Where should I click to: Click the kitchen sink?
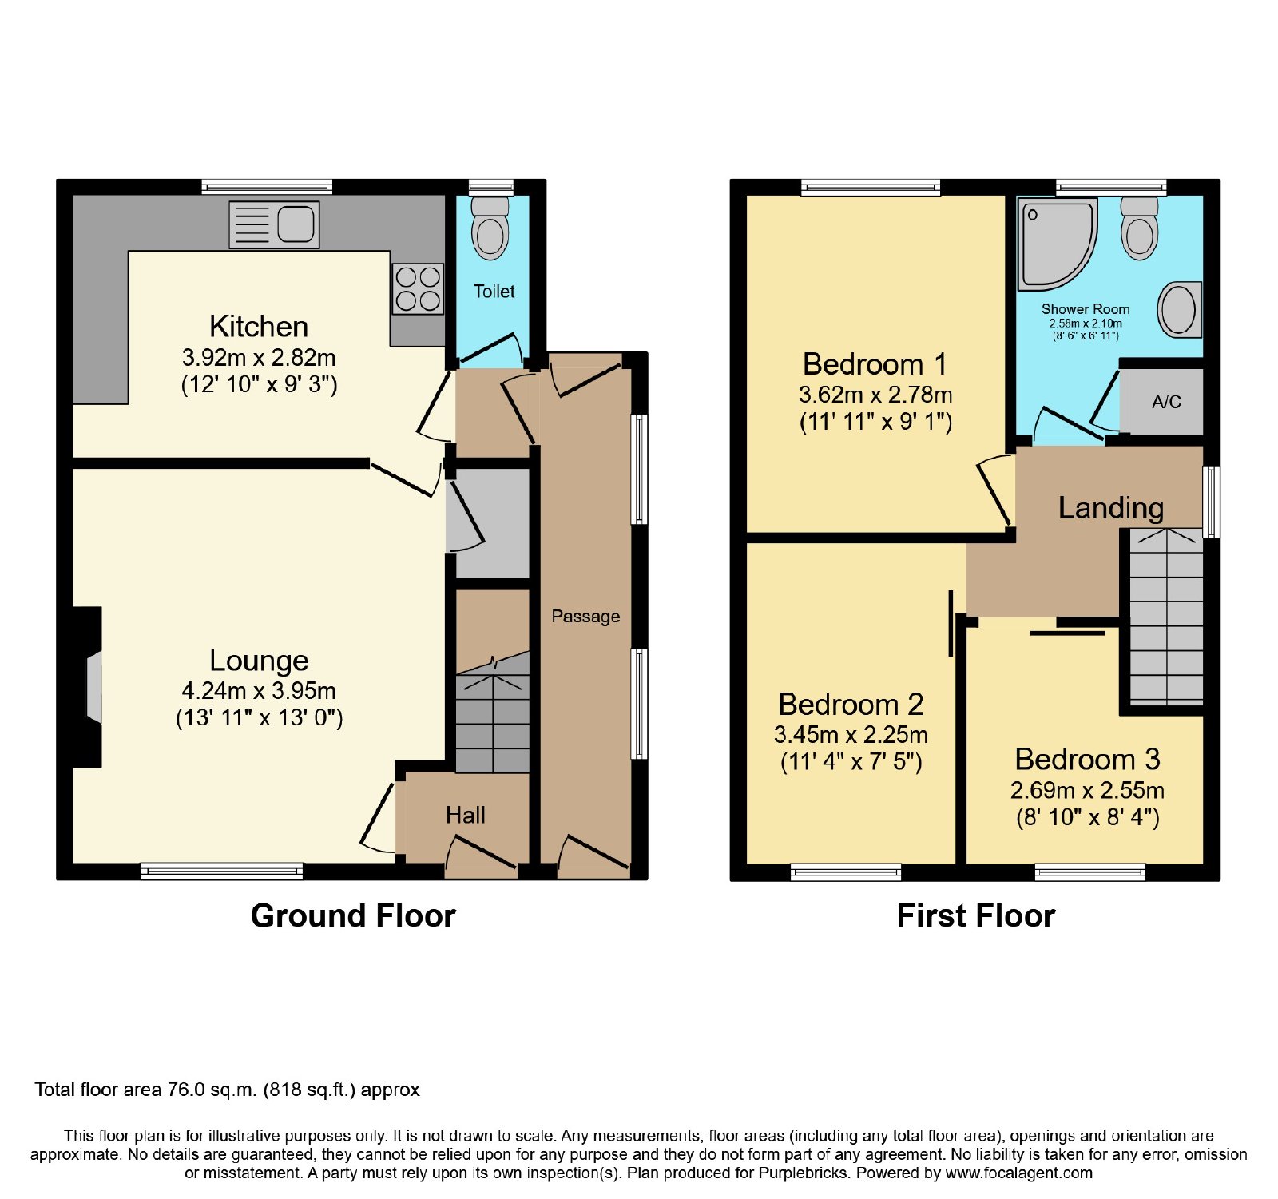coord(274,224)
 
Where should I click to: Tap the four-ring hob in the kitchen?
coord(418,288)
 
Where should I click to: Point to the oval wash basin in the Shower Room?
coord(1180,309)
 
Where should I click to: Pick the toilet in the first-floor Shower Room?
coord(1140,228)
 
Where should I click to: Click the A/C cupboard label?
coord(1166,402)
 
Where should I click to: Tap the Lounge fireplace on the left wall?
coord(87,687)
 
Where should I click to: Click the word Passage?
coord(585,617)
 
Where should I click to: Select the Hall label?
coord(466,815)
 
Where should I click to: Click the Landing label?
coord(1110,508)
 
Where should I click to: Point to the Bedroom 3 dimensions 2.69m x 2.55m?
coord(1087,790)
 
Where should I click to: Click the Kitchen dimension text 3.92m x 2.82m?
coord(259,357)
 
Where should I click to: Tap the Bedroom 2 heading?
coord(851,704)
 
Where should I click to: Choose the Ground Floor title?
coord(353,915)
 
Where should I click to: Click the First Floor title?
coord(976,915)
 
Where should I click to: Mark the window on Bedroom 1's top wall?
coord(871,188)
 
